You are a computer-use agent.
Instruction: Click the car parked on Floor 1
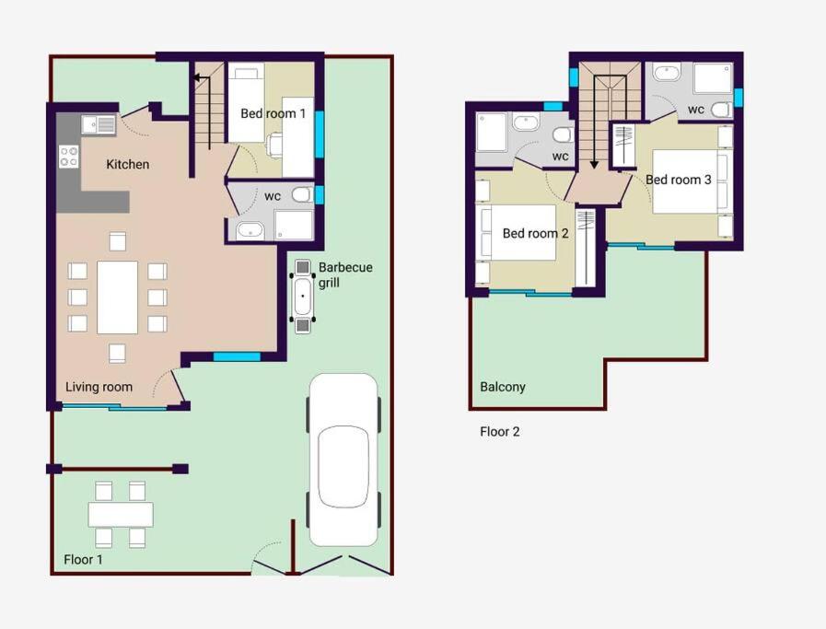[x=343, y=460]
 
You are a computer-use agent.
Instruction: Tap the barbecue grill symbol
[x=302, y=296]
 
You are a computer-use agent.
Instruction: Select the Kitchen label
[x=127, y=164]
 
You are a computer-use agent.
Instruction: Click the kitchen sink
[x=99, y=125]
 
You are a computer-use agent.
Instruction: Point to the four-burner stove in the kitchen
[x=68, y=157]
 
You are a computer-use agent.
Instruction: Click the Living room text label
[x=99, y=387]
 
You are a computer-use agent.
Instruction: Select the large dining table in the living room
[x=118, y=297]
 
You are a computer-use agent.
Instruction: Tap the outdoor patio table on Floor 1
[x=121, y=515]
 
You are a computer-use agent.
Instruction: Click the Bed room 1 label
[x=273, y=113]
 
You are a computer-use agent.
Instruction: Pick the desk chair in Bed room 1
[x=275, y=145]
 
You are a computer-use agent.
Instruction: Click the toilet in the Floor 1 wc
[x=302, y=195]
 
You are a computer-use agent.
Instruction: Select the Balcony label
[x=503, y=387]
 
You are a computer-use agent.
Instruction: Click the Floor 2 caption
[x=500, y=431]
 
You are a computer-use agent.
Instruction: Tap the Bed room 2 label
[x=535, y=233]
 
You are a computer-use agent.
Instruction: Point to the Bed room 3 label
[x=679, y=180]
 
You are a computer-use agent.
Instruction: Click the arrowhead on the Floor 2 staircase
[x=594, y=165]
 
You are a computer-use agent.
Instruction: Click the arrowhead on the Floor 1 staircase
[x=197, y=78]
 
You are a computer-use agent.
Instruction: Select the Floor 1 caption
[x=83, y=559]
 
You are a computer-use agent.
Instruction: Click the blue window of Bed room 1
[x=320, y=134]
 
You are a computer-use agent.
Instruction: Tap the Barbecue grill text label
[x=345, y=275]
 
